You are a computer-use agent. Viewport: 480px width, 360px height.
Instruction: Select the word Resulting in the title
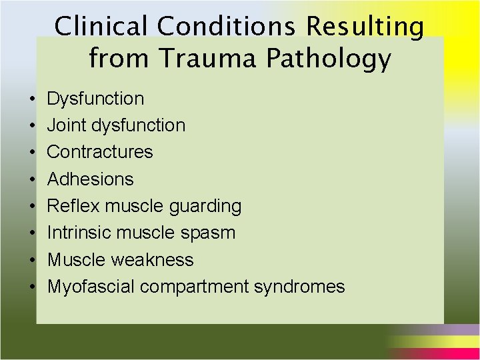[x=365, y=27]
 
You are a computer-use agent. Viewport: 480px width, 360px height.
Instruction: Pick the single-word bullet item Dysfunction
[x=95, y=99]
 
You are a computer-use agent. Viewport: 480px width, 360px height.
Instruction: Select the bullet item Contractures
[x=100, y=152]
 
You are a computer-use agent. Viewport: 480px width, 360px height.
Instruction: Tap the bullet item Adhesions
[x=90, y=179]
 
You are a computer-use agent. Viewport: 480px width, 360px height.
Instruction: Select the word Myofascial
[x=91, y=287]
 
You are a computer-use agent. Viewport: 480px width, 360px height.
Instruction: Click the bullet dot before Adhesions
[x=33, y=179]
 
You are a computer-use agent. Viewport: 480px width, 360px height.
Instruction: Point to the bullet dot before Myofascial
[x=33, y=287]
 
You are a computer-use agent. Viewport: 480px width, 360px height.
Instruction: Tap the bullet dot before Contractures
[x=33, y=153]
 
